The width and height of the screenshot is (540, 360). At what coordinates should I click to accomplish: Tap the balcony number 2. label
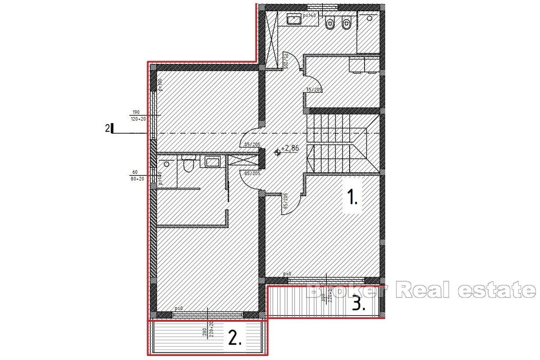235,338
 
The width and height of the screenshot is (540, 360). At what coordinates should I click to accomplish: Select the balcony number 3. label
358,305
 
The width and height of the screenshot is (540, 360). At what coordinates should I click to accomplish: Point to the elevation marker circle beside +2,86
277,152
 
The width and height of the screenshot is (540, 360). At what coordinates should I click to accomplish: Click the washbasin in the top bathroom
294,19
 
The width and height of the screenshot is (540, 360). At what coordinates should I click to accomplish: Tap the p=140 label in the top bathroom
310,15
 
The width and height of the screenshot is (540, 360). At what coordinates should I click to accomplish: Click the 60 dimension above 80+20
135,171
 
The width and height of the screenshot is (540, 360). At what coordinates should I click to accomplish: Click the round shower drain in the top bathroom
369,18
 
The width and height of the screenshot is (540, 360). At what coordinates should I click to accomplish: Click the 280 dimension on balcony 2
204,333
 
